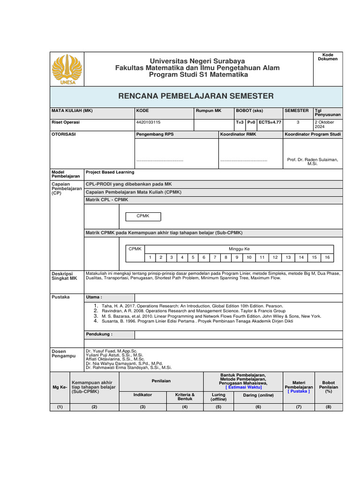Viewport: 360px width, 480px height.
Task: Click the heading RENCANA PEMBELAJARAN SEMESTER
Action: (196, 96)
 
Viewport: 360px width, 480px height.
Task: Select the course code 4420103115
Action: (148, 122)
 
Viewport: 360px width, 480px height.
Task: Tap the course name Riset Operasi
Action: (65, 122)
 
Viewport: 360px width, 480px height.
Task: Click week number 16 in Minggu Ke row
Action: (327, 257)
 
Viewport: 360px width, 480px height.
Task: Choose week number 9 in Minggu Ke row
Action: (237, 257)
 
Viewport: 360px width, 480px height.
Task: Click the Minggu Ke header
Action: (239, 248)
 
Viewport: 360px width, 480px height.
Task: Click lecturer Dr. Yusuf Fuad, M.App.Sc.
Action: (112, 351)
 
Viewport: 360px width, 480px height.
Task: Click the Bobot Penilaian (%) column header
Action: (329, 387)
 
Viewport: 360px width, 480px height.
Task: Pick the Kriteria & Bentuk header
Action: (185, 397)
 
